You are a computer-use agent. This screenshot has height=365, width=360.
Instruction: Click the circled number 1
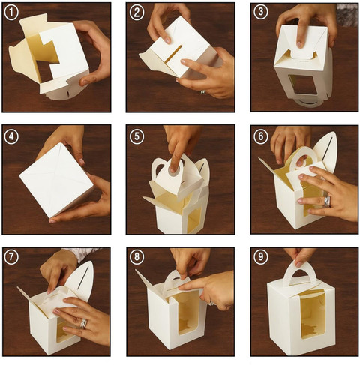[x=11, y=13]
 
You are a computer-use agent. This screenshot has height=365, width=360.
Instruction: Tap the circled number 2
[x=136, y=13]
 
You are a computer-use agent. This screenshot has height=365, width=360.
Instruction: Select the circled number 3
[x=261, y=12]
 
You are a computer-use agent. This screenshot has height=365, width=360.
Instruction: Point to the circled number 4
[x=11, y=136]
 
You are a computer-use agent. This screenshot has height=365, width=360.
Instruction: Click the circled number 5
[x=136, y=136]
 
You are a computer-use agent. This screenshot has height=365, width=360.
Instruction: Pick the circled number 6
[x=261, y=136]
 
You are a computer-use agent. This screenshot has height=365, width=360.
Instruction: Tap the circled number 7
[x=11, y=256]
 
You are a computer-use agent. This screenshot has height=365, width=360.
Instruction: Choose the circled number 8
[x=136, y=256]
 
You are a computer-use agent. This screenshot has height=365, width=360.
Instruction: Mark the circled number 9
[x=261, y=256]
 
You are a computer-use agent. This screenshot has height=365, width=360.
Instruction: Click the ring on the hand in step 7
[x=84, y=323]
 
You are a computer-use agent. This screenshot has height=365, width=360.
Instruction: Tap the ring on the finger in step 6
[x=327, y=202]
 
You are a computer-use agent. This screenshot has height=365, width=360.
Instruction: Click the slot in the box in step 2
[x=173, y=54]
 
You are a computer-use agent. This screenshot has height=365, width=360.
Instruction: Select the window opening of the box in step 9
[x=313, y=314]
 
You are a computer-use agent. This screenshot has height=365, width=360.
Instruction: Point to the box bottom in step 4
[x=56, y=180]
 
